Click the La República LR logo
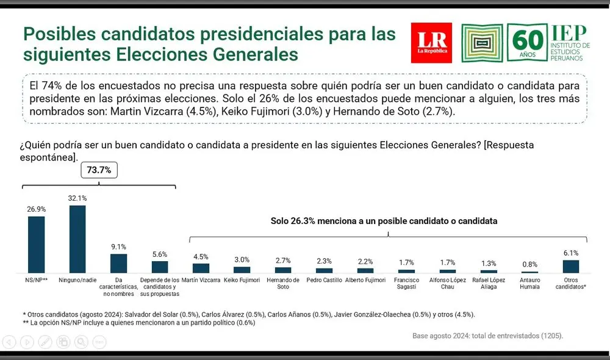click(431, 43)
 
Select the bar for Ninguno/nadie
click(77, 239)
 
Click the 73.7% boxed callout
click(99, 170)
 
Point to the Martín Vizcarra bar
click(201, 268)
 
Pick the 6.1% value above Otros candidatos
click(571, 253)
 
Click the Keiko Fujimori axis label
click(242, 280)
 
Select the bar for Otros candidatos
click(571, 266)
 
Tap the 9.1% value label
click(118, 247)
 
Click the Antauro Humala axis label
click(529, 283)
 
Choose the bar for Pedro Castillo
click(325, 270)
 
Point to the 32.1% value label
click(77, 198)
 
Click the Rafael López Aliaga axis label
click(489, 283)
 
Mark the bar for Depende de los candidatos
click(160, 267)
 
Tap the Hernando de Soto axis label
click(283, 283)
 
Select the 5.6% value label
click(160, 254)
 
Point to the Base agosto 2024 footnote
click(487, 336)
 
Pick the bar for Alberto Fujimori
click(365, 270)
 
